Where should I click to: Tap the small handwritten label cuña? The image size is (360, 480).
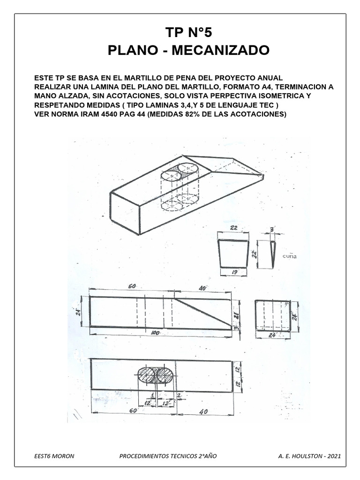pyautogui.click(x=289, y=256)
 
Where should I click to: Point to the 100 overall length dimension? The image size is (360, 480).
pyautogui.click(x=156, y=332)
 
